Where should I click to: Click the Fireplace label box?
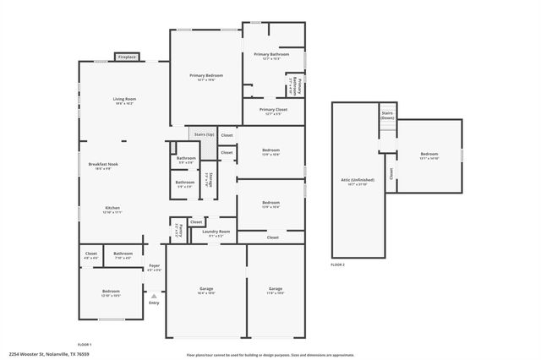tap(126, 57)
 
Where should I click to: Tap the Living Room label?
tap(124, 101)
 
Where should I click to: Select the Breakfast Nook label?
tap(103, 166)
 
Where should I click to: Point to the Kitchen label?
tap(113, 210)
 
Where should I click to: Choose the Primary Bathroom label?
tap(271, 56)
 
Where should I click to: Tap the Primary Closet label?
tap(273, 111)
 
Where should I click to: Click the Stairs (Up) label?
tap(203, 134)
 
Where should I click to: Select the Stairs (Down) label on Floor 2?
tap(387, 116)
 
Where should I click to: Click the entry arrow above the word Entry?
tap(154, 296)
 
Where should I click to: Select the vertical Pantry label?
tap(179, 230)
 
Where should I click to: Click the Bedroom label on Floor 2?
tap(429, 155)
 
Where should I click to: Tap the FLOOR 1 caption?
tap(85, 345)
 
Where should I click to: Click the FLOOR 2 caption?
tap(338, 265)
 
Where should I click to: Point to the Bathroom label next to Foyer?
tap(123, 254)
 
